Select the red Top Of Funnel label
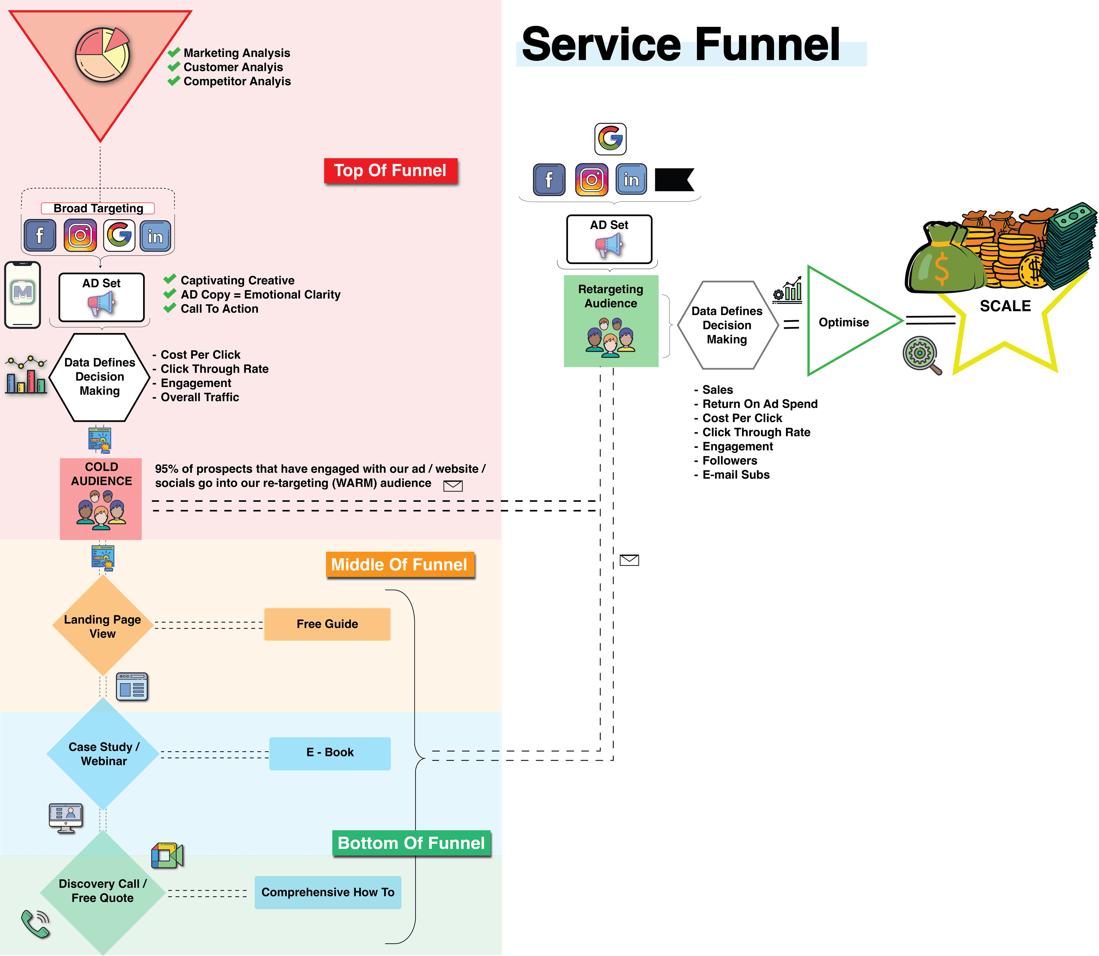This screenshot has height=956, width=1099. (390, 171)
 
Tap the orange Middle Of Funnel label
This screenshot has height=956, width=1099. (400, 564)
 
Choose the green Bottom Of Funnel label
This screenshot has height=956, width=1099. (411, 843)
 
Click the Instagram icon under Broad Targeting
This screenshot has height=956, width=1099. (80, 235)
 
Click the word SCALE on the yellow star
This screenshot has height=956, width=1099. (1005, 306)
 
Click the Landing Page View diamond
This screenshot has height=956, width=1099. (102, 626)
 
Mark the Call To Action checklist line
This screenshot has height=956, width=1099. (219, 309)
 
